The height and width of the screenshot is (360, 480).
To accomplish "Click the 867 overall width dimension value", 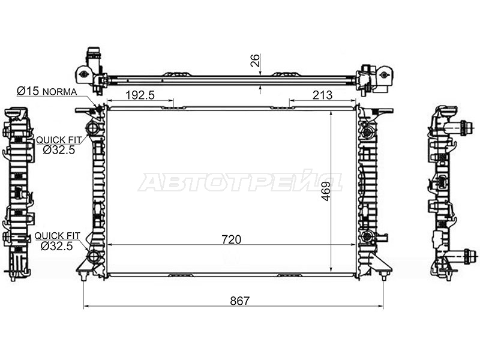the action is tap(239, 301).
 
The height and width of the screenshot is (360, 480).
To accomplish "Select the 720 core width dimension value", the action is tap(232, 239).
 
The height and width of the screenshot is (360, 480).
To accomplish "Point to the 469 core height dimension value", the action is tap(326, 191).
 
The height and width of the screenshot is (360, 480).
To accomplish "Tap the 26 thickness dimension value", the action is tap(255, 61).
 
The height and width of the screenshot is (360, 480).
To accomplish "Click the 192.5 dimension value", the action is tap(140, 95).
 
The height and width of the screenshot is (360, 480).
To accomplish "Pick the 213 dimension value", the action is tap(322, 95).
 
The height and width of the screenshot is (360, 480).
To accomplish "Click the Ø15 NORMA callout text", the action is tap(47, 91).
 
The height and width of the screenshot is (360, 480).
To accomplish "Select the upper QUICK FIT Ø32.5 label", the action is tap(59, 145).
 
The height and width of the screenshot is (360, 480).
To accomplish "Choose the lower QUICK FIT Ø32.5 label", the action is tap(57, 241).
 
